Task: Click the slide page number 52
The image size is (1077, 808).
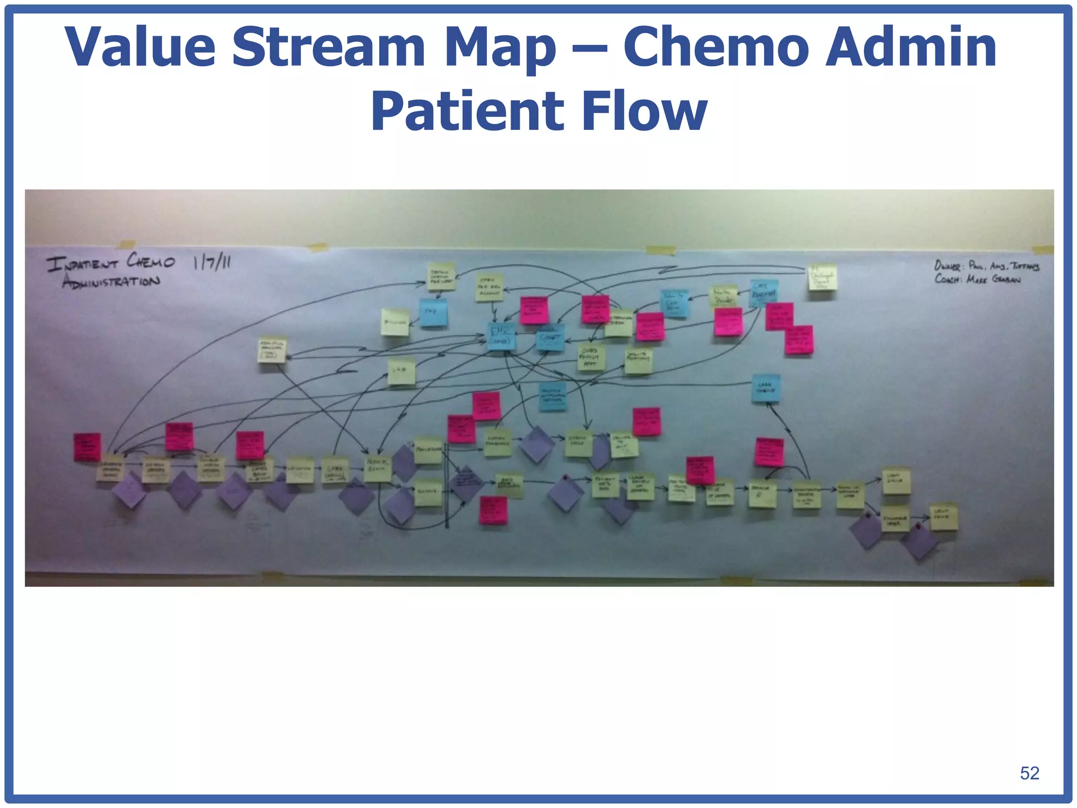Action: point(1029,773)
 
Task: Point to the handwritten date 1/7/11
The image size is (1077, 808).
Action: point(211,261)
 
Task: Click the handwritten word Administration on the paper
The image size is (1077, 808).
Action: point(111,281)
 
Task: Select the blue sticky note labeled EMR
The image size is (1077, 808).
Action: point(500,336)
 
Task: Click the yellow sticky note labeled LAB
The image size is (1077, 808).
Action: point(401,371)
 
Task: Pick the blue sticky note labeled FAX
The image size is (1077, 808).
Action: point(433,312)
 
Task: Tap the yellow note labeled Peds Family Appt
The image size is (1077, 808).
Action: point(591,357)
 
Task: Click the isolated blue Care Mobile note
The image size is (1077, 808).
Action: point(765,388)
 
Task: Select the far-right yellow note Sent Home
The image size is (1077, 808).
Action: point(944,516)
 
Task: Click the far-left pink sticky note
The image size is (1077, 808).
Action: point(87,447)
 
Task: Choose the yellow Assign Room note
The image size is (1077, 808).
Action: point(378,468)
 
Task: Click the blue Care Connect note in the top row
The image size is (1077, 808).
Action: point(764,293)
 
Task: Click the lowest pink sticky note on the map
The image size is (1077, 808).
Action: point(493,510)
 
